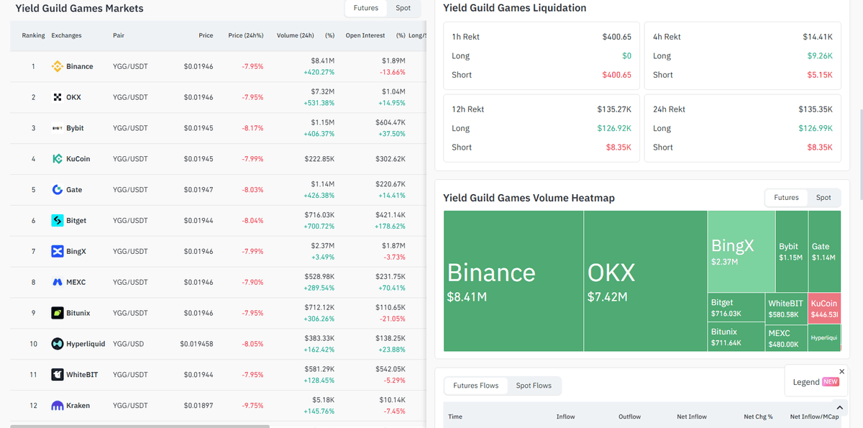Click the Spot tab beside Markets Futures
(403, 8)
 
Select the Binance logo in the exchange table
(58, 66)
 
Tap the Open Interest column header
(365, 35)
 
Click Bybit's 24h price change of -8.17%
(252, 128)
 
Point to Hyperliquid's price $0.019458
(196, 344)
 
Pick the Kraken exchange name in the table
(78, 406)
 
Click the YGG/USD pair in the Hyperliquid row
(128, 344)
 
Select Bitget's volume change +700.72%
(319, 227)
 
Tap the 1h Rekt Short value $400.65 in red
(616, 75)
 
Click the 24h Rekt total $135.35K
(816, 109)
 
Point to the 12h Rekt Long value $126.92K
(614, 128)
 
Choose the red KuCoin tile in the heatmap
(824, 308)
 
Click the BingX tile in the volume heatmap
(741, 251)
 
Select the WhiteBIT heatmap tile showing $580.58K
(786, 308)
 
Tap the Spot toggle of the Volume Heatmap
(823, 198)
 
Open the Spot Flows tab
(534, 386)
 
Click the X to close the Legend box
(842, 372)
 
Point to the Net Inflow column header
(692, 416)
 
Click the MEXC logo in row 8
(58, 283)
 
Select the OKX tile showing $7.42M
(645, 281)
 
